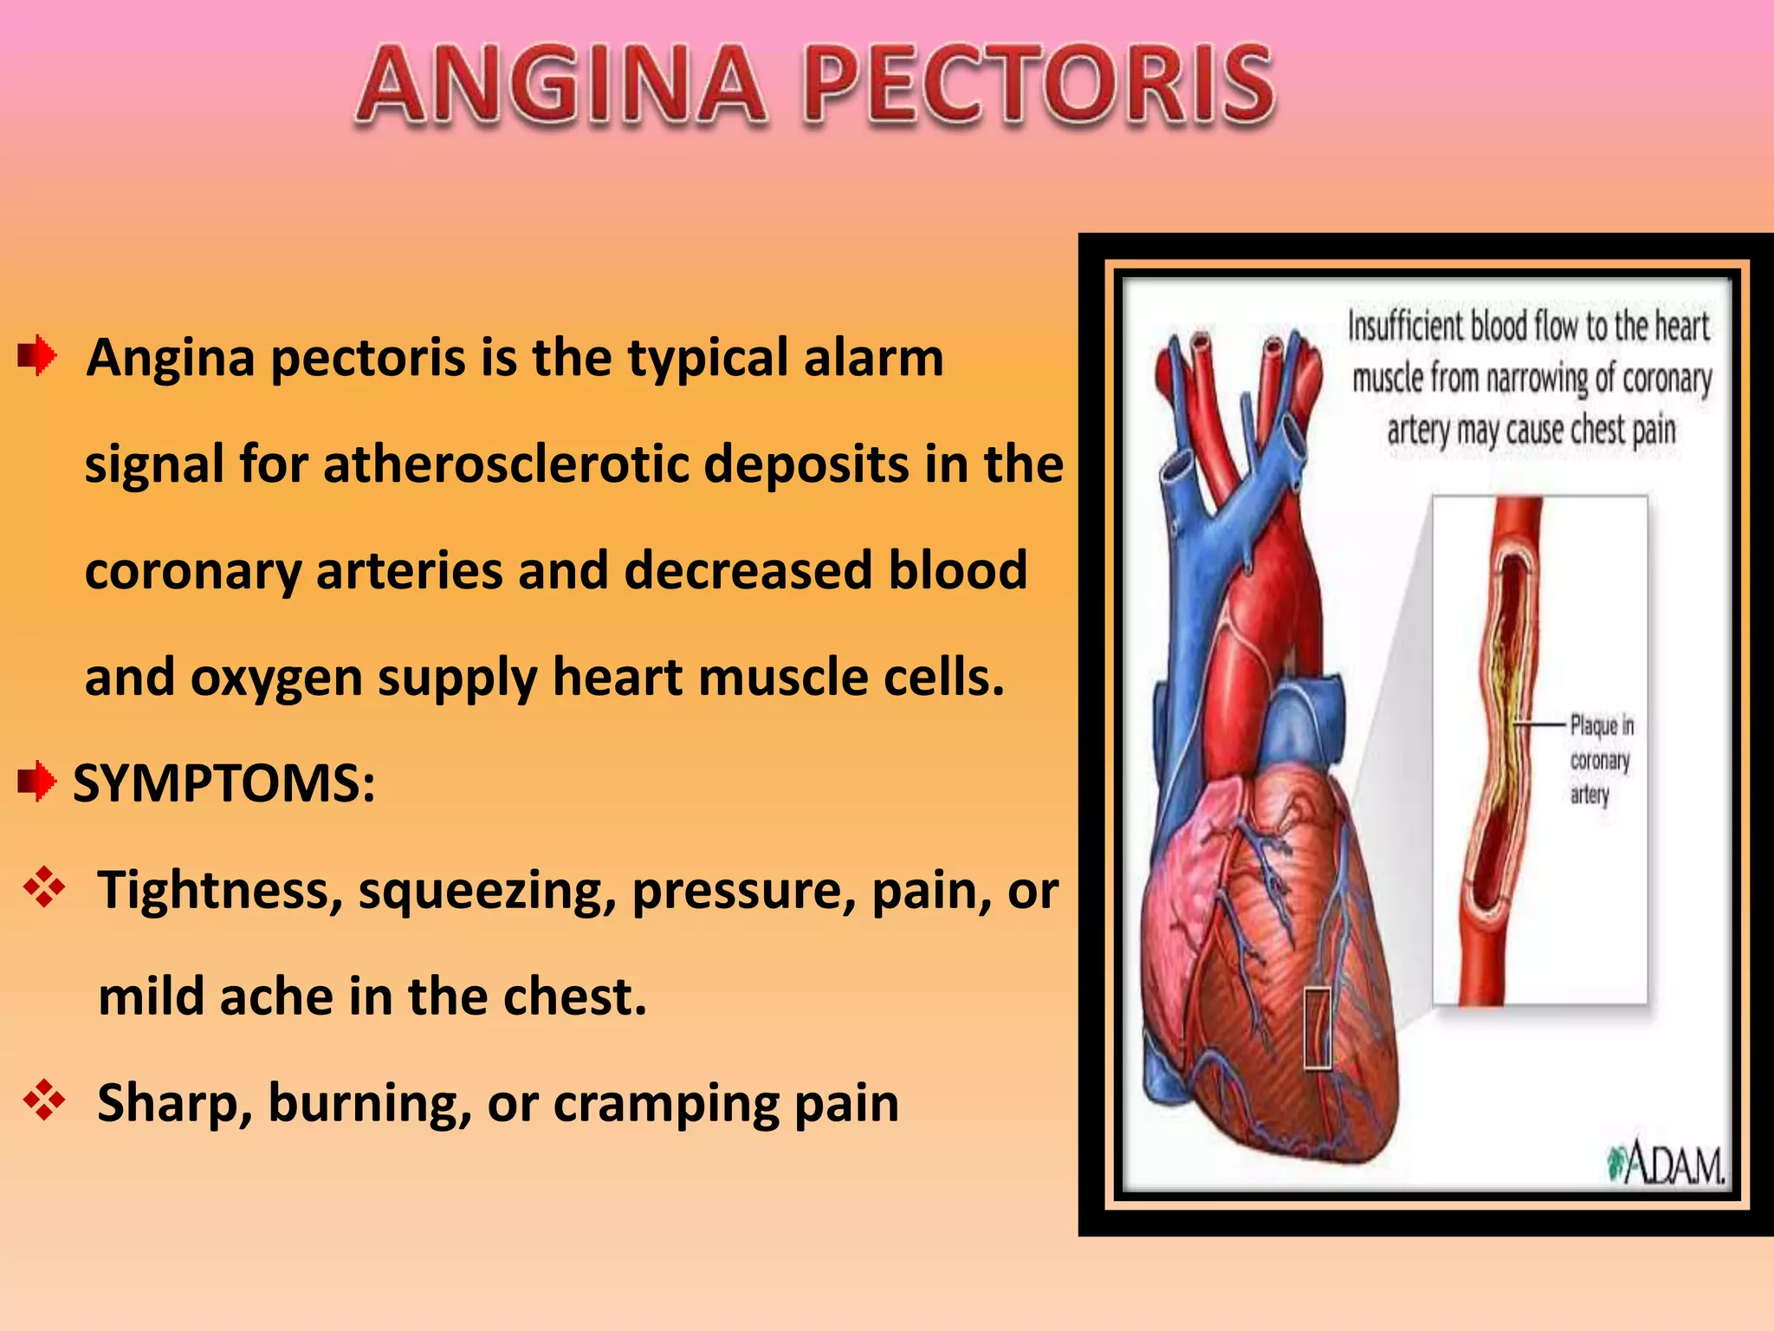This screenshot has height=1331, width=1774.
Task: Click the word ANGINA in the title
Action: click(561, 85)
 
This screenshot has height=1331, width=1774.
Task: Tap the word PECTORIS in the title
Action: click(1039, 85)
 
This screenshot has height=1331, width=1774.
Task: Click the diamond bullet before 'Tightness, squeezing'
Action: click(44, 889)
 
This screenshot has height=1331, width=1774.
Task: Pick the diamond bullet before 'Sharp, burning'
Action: click(44, 1101)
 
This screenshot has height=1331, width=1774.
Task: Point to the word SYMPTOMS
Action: click(223, 783)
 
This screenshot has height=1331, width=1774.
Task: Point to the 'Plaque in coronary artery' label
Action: click(1601, 759)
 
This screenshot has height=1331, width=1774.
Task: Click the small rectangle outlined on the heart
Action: click(1318, 1028)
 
